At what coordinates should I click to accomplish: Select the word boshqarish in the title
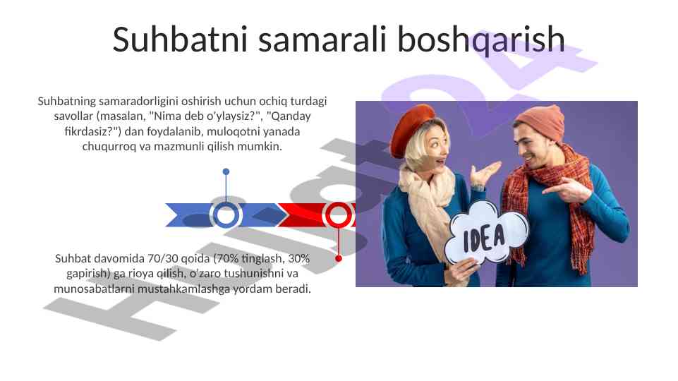[480, 39]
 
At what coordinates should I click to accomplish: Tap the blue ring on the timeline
[226, 215]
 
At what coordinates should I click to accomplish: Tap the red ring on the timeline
[339, 215]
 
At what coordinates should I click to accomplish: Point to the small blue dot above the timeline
[226, 171]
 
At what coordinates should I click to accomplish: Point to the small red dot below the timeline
[339, 259]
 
